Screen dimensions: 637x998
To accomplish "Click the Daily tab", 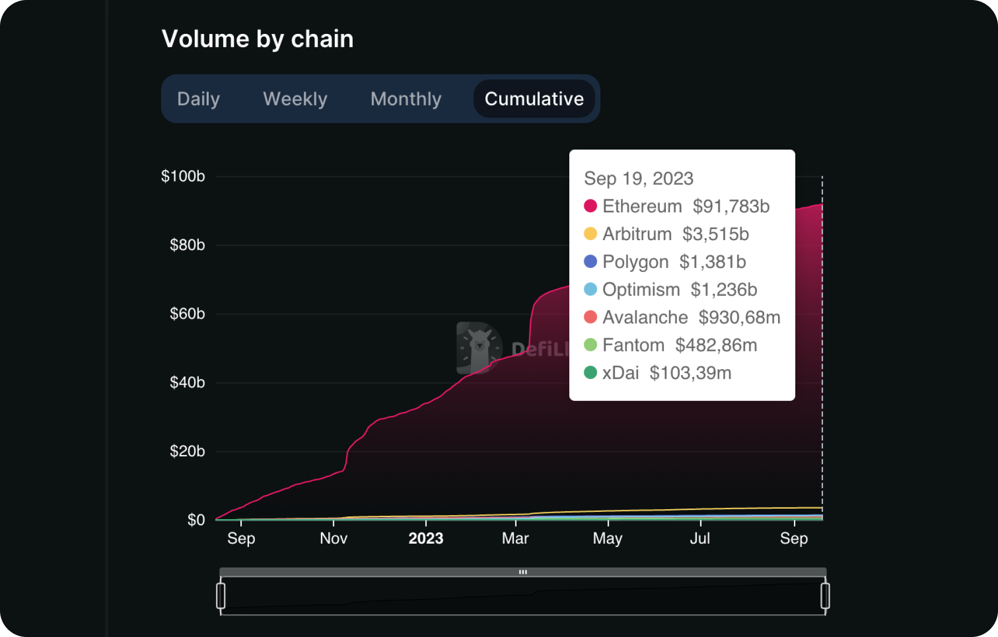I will pos(198,99).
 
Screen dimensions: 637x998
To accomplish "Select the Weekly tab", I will pos(295,99).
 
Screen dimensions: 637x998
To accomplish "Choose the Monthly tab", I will pos(405,99).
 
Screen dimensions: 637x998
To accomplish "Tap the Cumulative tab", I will pos(534,99).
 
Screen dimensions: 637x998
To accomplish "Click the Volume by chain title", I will pos(257,39).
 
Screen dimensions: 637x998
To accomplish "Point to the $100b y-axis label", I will pos(183,176).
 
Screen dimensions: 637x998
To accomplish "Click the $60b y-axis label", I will pos(187,314).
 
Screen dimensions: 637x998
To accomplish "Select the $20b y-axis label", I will pos(187,451).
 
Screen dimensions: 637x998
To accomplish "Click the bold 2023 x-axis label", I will pos(426,539).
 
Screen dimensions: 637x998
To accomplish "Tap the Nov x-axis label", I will pos(333,539).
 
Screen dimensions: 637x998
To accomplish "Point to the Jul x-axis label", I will pos(700,539).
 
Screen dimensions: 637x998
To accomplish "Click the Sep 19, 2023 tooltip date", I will pos(639,178).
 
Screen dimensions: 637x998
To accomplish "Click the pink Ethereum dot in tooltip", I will pos(590,206).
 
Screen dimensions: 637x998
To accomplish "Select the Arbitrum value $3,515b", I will pos(715,234).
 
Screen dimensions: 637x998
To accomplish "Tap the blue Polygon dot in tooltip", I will pos(590,261).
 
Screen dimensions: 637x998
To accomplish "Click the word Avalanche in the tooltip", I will pos(645,317).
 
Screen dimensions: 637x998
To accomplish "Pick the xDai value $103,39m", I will pos(690,373).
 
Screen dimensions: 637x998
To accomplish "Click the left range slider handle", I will pos(220,596).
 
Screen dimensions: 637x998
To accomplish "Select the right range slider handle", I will pos(825,596).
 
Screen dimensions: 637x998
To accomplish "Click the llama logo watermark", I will pos(479,348).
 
